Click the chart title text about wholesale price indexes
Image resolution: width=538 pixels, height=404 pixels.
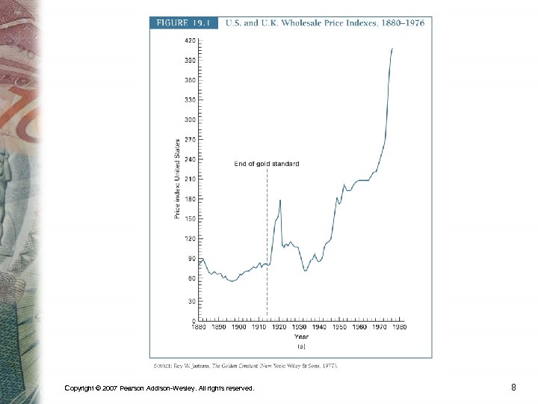pyautogui.click(x=325, y=22)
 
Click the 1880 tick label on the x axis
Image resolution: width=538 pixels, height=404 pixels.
pyautogui.click(x=199, y=327)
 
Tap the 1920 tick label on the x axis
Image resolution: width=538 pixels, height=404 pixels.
pyautogui.click(x=279, y=327)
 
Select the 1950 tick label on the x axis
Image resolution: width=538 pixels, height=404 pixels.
pyautogui.click(x=339, y=327)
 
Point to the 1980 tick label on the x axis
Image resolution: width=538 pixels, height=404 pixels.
pyautogui.click(x=399, y=327)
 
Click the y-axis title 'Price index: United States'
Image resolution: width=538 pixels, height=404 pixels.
pyautogui.click(x=177, y=179)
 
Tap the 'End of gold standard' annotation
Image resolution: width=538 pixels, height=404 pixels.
pyautogui.click(x=266, y=164)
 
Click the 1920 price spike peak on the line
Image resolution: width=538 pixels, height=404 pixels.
pyautogui.click(x=280, y=200)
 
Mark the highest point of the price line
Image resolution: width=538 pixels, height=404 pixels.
pyautogui.click(x=392, y=49)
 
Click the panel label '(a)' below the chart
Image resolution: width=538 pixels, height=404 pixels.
pyautogui.click(x=300, y=346)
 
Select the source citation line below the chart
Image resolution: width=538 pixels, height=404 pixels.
pyautogui.click(x=246, y=365)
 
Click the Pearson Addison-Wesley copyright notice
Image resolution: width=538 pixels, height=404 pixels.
pyautogui.click(x=159, y=388)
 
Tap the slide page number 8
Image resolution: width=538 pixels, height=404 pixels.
pyautogui.click(x=513, y=388)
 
